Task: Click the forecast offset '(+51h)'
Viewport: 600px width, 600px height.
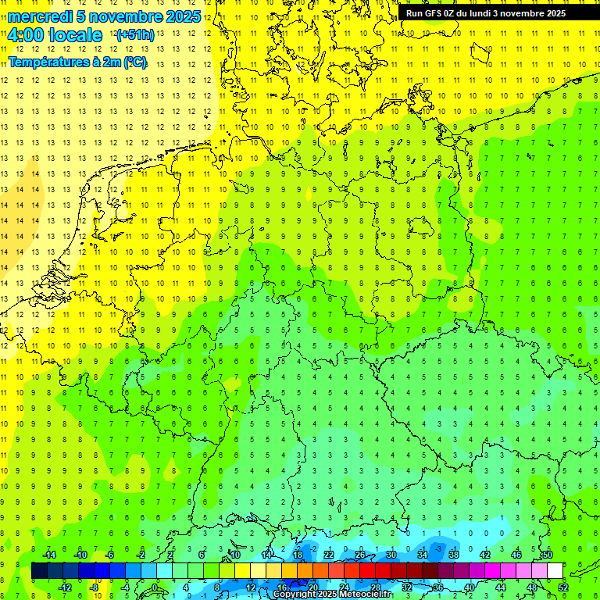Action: click(135, 35)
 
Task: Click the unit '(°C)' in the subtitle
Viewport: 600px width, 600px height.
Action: click(134, 62)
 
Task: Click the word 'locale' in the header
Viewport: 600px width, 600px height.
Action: click(74, 35)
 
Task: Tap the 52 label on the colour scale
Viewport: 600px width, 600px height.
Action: click(563, 587)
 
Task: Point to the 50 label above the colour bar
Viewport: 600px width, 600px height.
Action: click(548, 555)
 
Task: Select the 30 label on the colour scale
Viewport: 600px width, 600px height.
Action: click(391, 555)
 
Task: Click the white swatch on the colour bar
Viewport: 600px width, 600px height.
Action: click(555, 571)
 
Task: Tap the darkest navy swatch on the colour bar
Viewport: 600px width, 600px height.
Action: click(39, 571)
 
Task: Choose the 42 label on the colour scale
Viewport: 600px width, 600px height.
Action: click(485, 555)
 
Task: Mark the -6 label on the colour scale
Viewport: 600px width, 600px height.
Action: click(110, 555)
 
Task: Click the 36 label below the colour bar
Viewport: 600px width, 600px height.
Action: click(438, 587)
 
